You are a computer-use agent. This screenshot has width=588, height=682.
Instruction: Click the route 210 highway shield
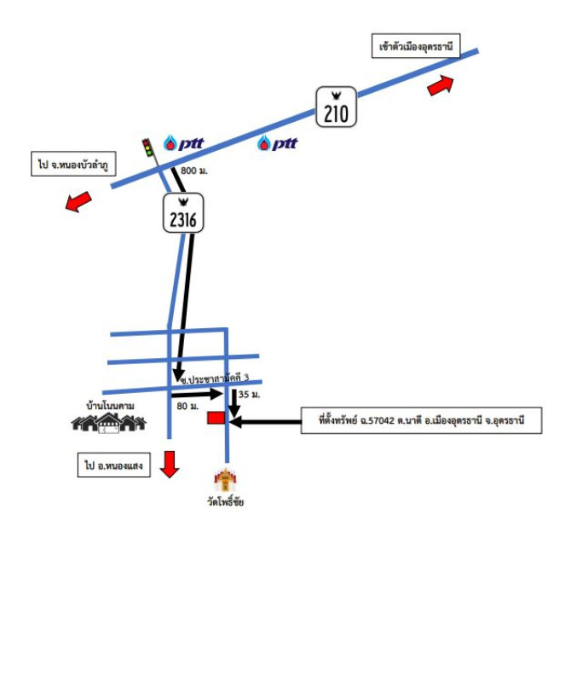[x=336, y=107]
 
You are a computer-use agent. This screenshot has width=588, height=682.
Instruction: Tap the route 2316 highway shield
[x=183, y=214]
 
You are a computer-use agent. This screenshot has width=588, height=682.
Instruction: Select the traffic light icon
[x=147, y=147]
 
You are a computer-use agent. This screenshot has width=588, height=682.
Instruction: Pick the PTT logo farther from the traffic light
[x=278, y=143]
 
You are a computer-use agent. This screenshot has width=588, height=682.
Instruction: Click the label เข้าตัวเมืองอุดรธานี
[x=416, y=47]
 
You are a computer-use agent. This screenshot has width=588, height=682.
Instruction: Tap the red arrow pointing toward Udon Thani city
[x=441, y=85]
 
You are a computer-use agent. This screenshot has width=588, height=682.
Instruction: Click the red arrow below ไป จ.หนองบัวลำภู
[x=78, y=202]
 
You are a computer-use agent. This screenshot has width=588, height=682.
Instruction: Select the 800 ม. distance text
[x=194, y=171]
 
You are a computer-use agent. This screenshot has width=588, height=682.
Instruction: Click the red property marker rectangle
[x=216, y=418]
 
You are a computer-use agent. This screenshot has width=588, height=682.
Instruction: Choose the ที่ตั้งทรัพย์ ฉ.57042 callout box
[x=422, y=420]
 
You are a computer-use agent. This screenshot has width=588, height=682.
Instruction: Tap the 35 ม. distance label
[x=249, y=396]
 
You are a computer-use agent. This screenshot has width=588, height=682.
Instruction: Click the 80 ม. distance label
[x=187, y=407]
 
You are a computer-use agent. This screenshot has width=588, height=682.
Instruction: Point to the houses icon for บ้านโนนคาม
[x=109, y=421]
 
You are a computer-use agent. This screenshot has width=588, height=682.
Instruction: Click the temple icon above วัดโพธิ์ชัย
[x=225, y=479]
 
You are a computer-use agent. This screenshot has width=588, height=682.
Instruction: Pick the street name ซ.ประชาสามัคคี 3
[x=213, y=377]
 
